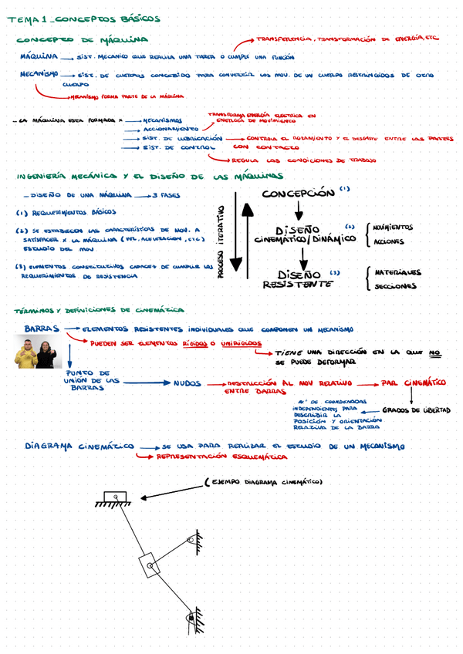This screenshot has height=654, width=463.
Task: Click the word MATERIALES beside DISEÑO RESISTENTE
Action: click(x=397, y=272)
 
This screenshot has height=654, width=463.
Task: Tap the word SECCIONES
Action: click(x=395, y=287)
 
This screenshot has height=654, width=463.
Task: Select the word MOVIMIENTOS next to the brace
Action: click(x=392, y=228)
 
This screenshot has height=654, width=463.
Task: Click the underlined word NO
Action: click(x=434, y=352)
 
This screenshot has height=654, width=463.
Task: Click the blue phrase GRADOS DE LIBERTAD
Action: click(x=416, y=410)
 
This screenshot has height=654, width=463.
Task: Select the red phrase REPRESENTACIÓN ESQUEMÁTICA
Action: click(x=205, y=457)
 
